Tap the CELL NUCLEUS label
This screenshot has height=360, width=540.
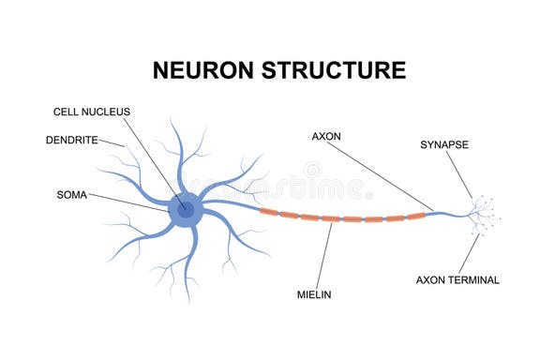pos(92,112)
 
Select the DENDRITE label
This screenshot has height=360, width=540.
pos(70,141)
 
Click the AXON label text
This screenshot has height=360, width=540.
pos(327,136)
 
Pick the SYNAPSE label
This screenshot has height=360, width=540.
pos(444,144)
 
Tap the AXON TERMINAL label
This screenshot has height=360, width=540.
pos(457,279)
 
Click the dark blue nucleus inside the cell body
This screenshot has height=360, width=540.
pos(186,209)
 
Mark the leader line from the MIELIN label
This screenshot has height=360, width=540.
pos(321,254)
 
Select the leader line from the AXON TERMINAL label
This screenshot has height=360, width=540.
pos(470,252)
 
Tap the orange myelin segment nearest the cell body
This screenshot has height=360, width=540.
pos(269,212)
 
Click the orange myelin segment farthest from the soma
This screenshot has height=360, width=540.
pos(415,216)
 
